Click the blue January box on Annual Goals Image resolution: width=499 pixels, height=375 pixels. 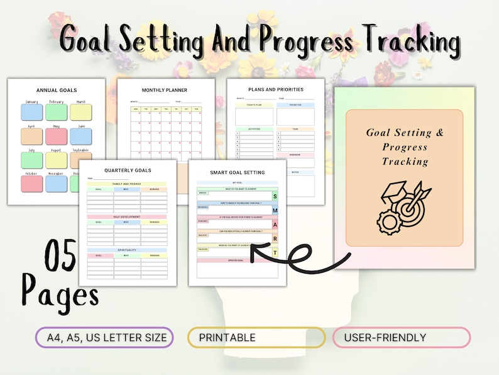coord(31,112)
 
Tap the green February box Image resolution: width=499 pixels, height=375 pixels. coord(56,112)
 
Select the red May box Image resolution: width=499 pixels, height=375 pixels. coord(56,137)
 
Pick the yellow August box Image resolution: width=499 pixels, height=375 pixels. coord(56,160)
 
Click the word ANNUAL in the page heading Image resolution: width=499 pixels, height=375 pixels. coord(48,90)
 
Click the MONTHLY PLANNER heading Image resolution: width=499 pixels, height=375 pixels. coord(164,90)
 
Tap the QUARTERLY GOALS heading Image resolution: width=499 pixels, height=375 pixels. coord(128,170)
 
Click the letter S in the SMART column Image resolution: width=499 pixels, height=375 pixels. coord(275,196)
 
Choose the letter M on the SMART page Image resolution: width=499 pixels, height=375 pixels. coord(275,210)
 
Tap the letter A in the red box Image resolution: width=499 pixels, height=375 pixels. coord(275,225)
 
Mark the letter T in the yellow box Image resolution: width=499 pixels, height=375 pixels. coord(275,253)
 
